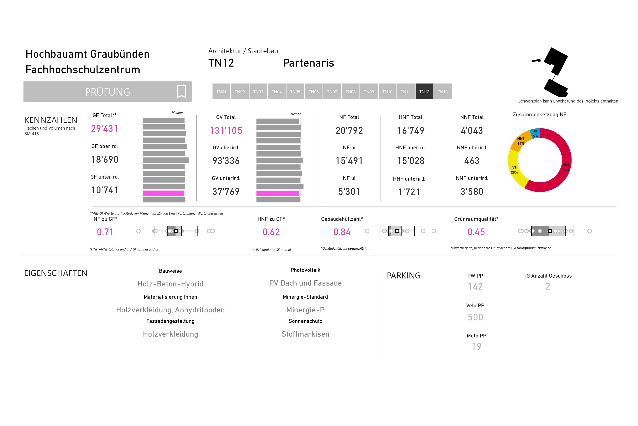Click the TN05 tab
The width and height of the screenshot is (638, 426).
[295, 92]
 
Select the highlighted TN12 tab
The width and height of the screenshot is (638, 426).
[424, 92]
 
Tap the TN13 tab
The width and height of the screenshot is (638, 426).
[443, 92]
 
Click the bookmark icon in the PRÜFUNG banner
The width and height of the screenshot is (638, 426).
[181, 92]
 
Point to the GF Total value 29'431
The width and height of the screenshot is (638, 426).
[105, 128]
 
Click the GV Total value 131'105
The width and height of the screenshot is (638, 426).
[226, 131]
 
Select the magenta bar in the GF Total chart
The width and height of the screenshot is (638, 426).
[163, 193]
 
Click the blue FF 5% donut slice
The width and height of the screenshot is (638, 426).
[535, 133]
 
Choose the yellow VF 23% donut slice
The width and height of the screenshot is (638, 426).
[515, 170]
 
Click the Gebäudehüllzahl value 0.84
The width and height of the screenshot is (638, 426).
[342, 232]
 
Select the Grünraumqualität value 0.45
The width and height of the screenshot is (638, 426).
[476, 232]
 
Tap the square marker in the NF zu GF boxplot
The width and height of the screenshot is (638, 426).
[176, 231]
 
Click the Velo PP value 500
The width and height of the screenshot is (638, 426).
[475, 317]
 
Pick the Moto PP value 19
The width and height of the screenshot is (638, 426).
[476, 346]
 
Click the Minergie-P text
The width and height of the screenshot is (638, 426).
[305, 310]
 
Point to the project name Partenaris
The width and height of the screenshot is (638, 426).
[308, 63]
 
